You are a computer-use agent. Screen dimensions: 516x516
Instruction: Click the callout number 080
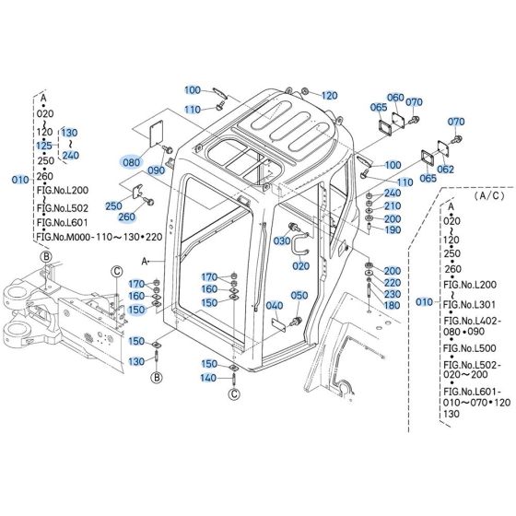pyautogui.click(x=133, y=160)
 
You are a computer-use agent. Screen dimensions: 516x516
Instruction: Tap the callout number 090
pyautogui.click(x=156, y=170)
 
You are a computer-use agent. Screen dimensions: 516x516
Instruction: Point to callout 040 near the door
pyautogui.click(x=275, y=306)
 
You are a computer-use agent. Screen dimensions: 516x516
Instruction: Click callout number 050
pyautogui.click(x=299, y=295)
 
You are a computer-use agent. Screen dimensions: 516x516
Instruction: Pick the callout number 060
pyautogui.click(x=394, y=98)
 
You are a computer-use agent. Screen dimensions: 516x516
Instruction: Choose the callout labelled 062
pyautogui.click(x=446, y=170)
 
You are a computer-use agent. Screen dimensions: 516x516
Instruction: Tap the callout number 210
pyautogui.click(x=393, y=205)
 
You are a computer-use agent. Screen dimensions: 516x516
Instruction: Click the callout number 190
pyautogui.click(x=393, y=229)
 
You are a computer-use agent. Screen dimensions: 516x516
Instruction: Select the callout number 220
pyautogui.click(x=393, y=282)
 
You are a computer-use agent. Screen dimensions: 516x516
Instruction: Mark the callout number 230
pyautogui.click(x=393, y=293)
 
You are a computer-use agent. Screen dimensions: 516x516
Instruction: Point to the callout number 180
pyautogui.click(x=393, y=305)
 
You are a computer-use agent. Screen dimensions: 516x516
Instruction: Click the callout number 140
pyautogui.click(x=210, y=378)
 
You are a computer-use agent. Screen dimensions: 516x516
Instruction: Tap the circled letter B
pyautogui.click(x=157, y=377)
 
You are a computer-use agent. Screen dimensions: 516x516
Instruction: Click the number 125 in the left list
pyautogui.click(x=44, y=145)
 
